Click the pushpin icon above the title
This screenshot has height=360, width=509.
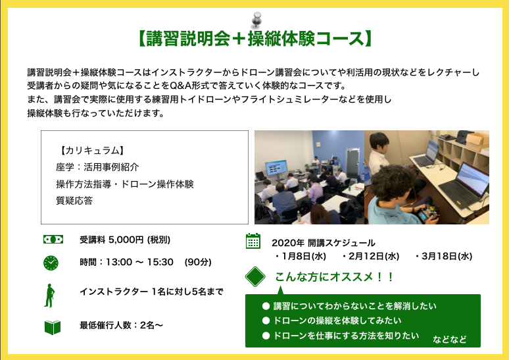[x=256, y=19]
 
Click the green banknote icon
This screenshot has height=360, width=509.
[x=53, y=240]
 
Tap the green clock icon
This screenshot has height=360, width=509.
[x=51, y=263]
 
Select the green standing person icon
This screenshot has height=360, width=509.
[x=49, y=296]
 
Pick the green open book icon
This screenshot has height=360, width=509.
[x=53, y=327]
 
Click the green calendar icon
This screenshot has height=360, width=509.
[x=253, y=241]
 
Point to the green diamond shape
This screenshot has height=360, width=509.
[x=255, y=277]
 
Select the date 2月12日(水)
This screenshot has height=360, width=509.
[x=371, y=257]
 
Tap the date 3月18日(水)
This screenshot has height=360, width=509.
[x=444, y=257]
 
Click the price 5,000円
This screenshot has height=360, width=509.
[x=126, y=240]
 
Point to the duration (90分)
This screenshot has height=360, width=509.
[x=198, y=262]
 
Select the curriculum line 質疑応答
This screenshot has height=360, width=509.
[x=74, y=201]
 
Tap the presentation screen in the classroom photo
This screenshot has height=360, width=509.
[x=276, y=168]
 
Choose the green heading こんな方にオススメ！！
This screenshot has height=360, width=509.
[x=334, y=277]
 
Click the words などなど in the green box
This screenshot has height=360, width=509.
[x=450, y=340]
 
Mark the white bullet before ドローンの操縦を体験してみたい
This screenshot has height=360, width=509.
[x=266, y=321]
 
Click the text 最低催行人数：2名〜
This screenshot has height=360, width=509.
[x=122, y=325]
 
